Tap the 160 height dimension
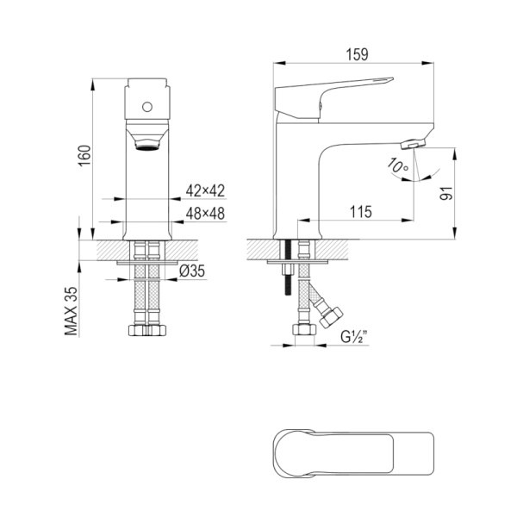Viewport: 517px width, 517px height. click(x=84, y=156)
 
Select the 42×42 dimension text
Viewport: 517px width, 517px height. click(x=205, y=190)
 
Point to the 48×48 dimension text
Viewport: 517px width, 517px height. click(x=205, y=214)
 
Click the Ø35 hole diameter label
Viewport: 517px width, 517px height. click(x=192, y=271)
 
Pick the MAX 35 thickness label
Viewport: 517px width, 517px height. click(x=71, y=311)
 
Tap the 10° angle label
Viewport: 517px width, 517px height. click(x=398, y=165)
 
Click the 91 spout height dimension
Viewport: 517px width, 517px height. click(x=446, y=193)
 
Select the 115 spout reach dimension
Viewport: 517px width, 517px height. click(x=360, y=212)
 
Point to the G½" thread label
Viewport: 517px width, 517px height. click(x=354, y=337)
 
